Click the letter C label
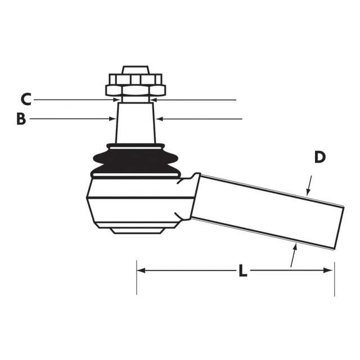coord(25,100)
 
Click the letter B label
coord(21,119)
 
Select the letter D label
coord(319,157)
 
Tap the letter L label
coord(242,271)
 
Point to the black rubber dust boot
coord(136,161)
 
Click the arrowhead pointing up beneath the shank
coord(293,246)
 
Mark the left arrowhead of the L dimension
coord(141,271)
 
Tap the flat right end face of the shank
coord(339,228)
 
